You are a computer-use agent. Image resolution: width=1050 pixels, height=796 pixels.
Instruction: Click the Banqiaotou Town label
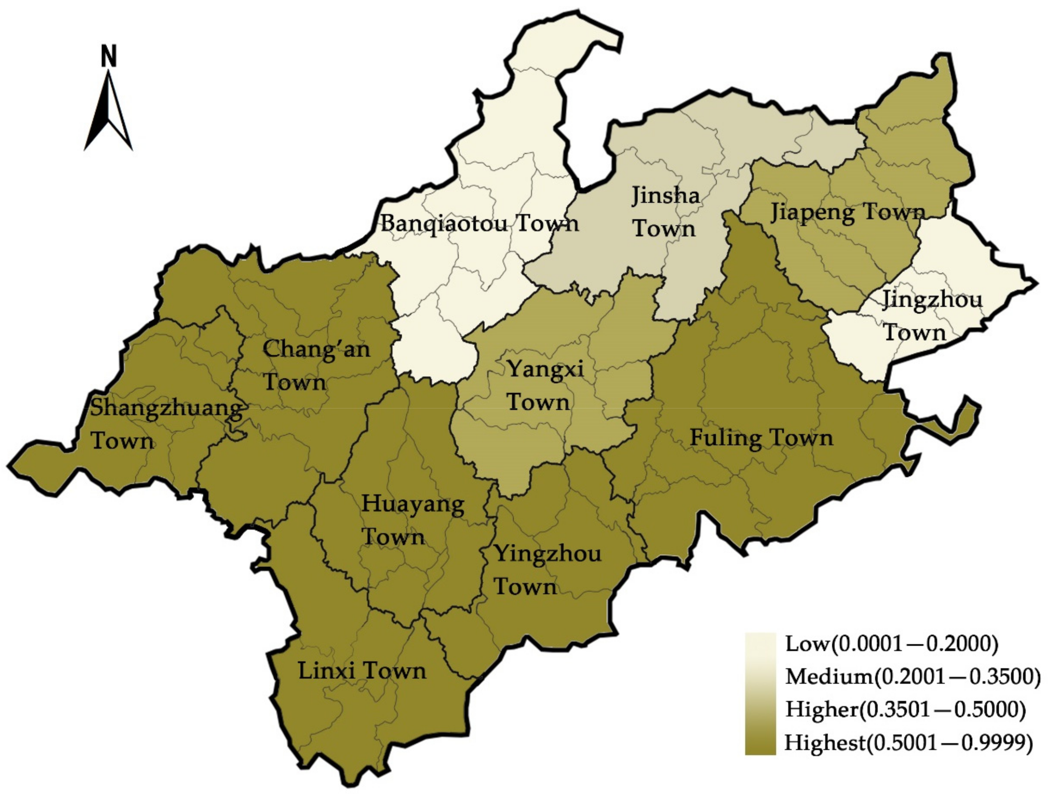tap(479, 223)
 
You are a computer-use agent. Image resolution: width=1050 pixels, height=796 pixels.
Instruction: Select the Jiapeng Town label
tap(847, 212)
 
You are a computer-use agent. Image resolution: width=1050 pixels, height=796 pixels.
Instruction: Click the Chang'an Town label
tap(316, 365)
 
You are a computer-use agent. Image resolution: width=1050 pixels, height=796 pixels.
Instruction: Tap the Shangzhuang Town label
tap(166, 424)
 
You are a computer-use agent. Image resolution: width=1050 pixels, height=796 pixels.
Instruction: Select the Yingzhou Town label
tap(547, 569)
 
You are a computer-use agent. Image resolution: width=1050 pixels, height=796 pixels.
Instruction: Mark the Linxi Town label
tap(362, 671)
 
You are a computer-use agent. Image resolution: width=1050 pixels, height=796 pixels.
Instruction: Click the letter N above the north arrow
tap(109, 56)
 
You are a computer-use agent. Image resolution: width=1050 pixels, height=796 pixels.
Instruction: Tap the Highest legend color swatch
tap(760, 741)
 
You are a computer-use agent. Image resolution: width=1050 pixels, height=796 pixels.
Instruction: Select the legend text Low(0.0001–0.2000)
tap(891, 644)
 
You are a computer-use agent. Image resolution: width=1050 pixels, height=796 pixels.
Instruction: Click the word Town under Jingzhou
tap(914, 332)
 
